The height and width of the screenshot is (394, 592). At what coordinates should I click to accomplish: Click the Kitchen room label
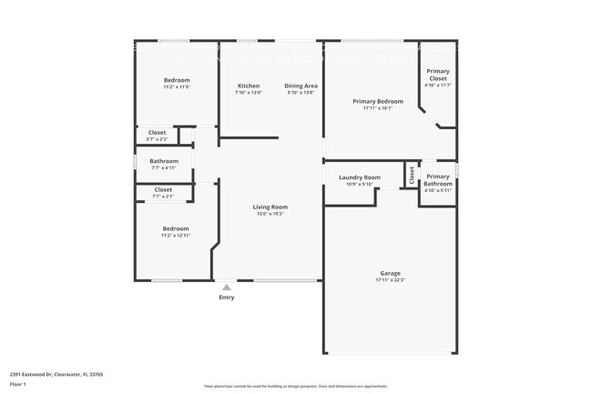(249, 86)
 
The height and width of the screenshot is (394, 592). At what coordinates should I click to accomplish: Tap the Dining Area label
(301, 86)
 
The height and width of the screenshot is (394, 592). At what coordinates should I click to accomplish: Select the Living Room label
(270, 207)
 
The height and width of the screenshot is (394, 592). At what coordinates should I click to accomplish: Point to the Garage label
(391, 273)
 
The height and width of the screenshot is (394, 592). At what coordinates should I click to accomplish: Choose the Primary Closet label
(438, 75)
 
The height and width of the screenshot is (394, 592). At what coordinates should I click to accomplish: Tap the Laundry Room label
(359, 177)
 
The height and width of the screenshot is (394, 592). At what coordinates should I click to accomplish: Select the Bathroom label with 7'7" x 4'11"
(164, 161)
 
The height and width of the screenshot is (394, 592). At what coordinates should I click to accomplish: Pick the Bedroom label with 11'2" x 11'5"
(177, 80)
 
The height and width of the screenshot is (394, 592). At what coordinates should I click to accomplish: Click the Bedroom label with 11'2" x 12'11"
(176, 228)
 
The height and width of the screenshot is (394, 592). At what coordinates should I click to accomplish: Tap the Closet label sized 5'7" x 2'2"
(157, 133)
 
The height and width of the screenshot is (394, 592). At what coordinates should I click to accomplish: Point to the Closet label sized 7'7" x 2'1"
(163, 189)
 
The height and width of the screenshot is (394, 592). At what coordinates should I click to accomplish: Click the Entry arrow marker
(227, 287)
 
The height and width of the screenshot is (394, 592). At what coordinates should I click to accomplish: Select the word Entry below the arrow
(227, 298)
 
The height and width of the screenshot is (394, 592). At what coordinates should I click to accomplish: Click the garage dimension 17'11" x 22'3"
(391, 280)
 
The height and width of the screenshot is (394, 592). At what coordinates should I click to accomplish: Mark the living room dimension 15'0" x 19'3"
(270, 214)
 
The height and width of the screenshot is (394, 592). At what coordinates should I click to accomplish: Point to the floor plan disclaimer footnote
(295, 387)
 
